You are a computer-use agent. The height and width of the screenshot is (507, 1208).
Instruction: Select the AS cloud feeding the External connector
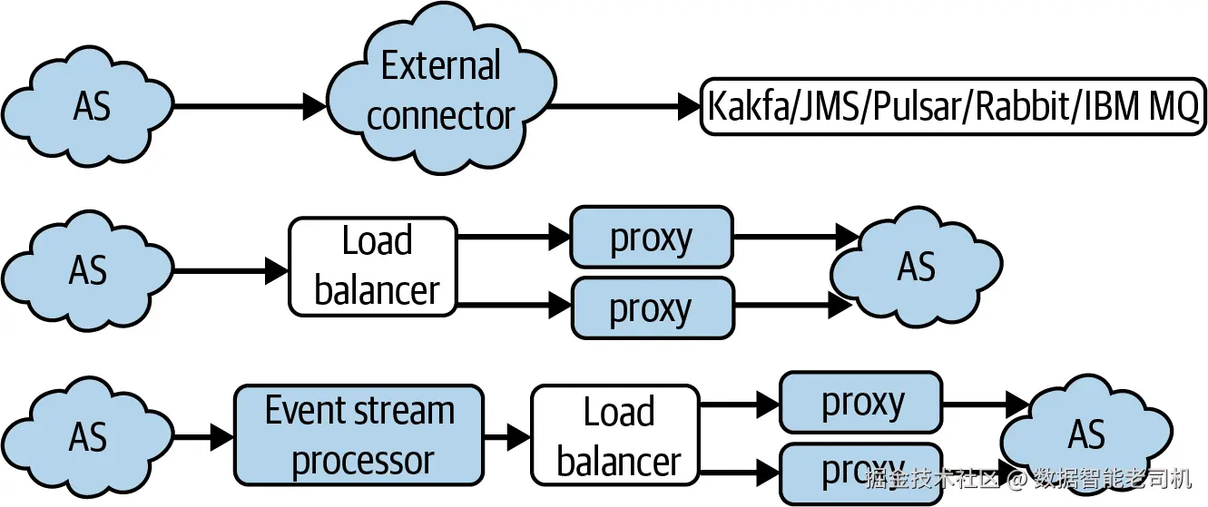tap(91, 107)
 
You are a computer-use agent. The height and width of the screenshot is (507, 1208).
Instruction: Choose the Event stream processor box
tap(359, 435)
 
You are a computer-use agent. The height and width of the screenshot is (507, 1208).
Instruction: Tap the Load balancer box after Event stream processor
tap(617, 435)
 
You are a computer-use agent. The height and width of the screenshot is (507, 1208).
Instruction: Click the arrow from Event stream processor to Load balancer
tap(506, 437)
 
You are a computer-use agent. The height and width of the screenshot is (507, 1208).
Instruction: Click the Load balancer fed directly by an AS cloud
tap(374, 267)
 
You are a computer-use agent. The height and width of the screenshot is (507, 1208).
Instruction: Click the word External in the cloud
tap(440, 66)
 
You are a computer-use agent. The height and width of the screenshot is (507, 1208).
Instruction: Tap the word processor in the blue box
tap(362, 461)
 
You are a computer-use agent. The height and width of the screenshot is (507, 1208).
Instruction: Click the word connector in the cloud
tap(440, 117)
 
